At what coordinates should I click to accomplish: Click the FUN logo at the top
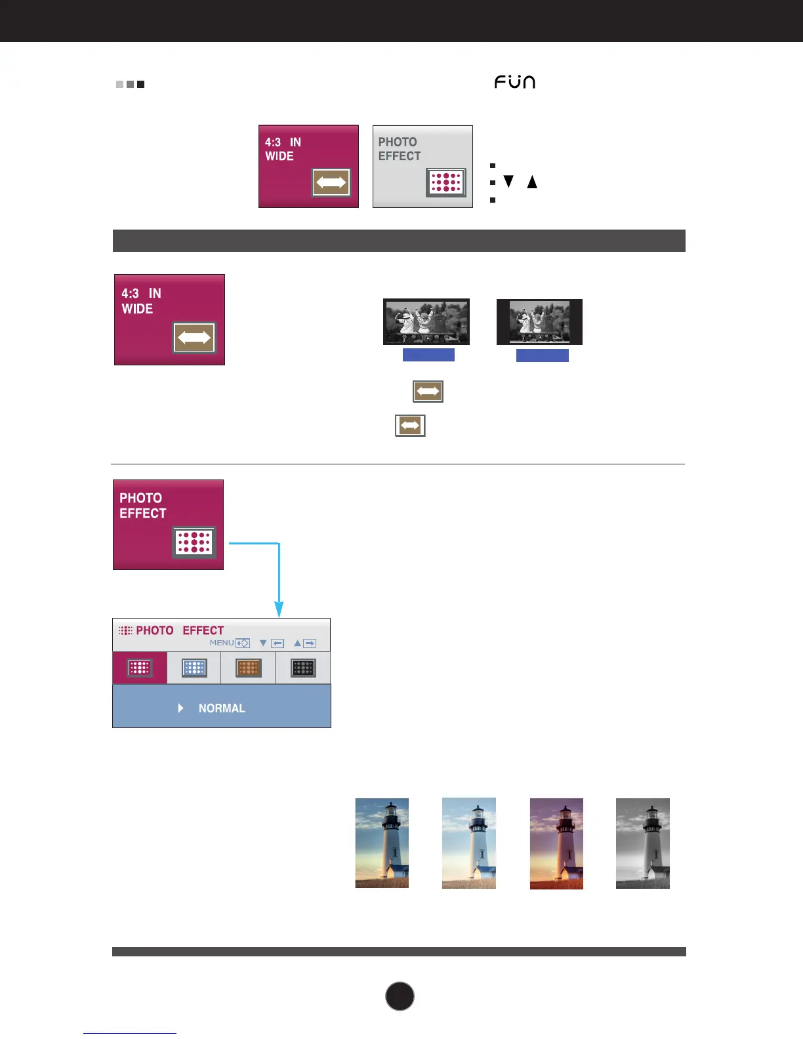[x=515, y=82]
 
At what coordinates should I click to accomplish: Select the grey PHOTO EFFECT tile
[x=422, y=167]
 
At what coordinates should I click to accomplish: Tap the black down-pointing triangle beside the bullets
[x=508, y=182]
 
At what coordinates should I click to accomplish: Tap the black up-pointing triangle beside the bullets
[x=532, y=182]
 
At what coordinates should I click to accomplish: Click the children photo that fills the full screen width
[x=426, y=321]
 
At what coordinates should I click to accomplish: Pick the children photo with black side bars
[x=539, y=321]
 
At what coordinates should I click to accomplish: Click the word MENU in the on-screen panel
[x=222, y=643]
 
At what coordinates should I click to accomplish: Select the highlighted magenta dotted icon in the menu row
[x=140, y=668]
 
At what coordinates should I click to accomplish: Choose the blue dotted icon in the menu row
[x=194, y=668]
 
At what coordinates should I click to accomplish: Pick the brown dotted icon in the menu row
[x=249, y=668]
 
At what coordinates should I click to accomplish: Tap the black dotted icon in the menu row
[x=303, y=668]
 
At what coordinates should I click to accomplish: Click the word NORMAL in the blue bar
[x=222, y=708]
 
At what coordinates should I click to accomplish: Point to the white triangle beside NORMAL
[x=180, y=708]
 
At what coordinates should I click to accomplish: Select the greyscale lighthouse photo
[x=643, y=844]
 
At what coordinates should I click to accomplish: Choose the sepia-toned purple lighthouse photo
[x=556, y=844]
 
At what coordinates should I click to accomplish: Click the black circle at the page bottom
[x=400, y=996]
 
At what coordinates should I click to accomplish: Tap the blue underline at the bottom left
[x=130, y=1033]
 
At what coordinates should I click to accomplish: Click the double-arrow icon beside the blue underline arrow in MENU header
[x=243, y=643]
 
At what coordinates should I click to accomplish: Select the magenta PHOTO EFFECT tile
[x=168, y=525]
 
